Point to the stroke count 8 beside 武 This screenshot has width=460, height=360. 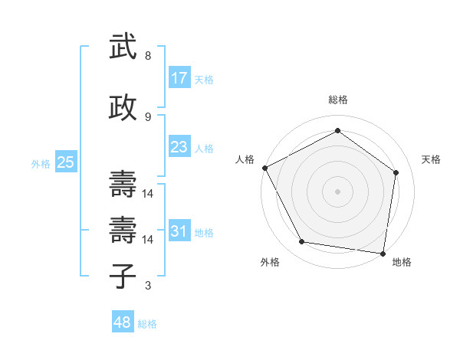coord(148,56)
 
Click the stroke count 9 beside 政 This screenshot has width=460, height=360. coord(148,116)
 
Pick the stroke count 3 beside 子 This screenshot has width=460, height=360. coord(148,286)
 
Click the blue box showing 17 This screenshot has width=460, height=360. coord(179,78)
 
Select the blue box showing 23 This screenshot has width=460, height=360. coord(179,147)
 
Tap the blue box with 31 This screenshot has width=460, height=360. coord(179,231)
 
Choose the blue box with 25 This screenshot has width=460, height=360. coord(66,162)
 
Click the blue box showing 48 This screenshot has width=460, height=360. coord(123,322)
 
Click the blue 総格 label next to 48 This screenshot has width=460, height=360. coord(147,324)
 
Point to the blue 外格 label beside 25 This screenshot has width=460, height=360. coord(41,163)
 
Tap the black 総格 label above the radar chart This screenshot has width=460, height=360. coord(337,100)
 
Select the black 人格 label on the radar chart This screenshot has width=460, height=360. coord(245,159)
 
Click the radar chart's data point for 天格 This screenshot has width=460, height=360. coord(396,172)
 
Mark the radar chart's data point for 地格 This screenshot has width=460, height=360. coord(383,253)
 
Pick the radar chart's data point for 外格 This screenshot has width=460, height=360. coord(302,242)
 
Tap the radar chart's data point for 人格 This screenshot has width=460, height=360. coord(264,168)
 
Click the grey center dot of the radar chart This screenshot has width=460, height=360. coord(337,191)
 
